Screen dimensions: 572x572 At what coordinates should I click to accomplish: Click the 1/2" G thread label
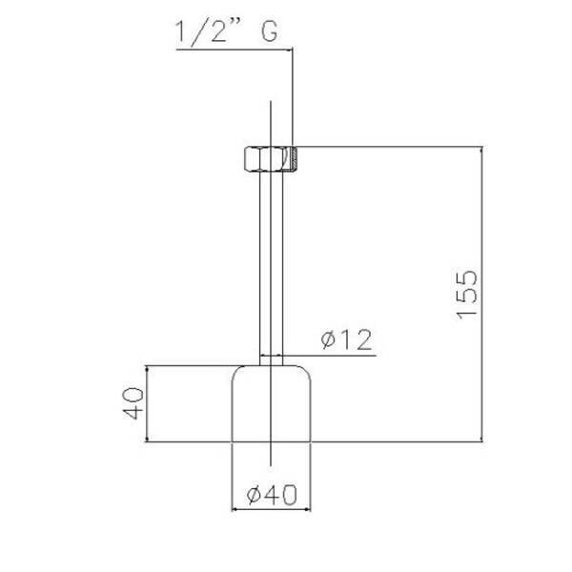(226, 32)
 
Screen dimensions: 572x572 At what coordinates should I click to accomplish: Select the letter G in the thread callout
(270, 31)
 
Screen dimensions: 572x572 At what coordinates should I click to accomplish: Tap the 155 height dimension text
(467, 295)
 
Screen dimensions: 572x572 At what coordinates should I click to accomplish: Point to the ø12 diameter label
(347, 339)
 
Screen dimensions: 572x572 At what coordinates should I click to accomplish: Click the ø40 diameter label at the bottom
(272, 495)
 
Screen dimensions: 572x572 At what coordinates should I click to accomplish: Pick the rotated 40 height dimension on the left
(133, 403)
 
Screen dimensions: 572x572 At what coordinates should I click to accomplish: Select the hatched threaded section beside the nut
(294, 158)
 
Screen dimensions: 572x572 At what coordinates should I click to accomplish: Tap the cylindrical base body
(271, 403)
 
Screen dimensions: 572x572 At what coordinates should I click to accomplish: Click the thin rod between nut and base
(271, 268)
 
